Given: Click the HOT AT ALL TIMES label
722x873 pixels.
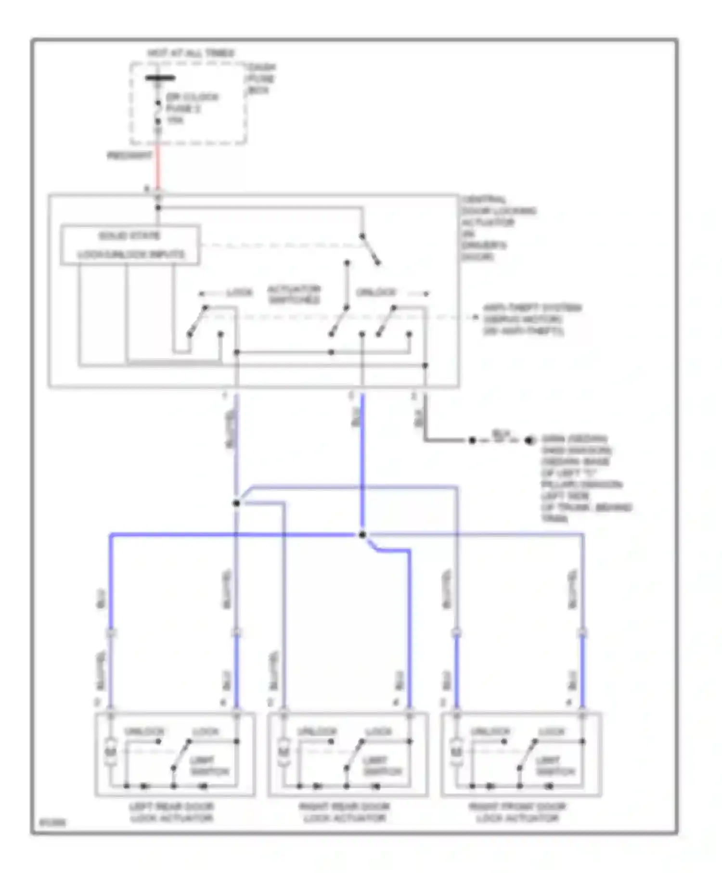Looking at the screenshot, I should (191, 53).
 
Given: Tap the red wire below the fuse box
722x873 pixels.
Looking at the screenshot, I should (157, 168).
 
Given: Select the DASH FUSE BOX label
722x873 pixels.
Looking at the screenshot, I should (261, 79).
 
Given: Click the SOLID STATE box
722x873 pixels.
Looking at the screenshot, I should (130, 244).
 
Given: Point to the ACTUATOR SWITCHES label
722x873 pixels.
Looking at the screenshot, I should (294, 295).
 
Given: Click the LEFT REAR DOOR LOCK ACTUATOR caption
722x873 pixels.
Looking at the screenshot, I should (172, 812).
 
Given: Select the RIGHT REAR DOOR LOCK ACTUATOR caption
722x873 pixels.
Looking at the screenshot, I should (345, 812).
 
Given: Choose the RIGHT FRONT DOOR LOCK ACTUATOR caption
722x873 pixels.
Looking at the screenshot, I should (517, 812).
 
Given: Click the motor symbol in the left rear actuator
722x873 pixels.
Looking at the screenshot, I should (111, 750).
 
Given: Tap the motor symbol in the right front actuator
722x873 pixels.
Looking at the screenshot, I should (456, 750).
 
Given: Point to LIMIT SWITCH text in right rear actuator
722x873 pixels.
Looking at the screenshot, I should (382, 766).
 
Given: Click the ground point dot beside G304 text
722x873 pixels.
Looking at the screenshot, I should (529, 440).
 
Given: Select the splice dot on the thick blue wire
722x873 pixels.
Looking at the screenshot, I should (362, 535).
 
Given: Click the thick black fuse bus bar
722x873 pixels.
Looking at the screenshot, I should (160, 78).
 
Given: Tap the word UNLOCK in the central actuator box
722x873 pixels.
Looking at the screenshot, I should (376, 293).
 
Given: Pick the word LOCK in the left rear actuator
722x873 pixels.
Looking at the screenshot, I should (206, 732).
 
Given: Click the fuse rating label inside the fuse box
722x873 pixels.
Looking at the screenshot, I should (175, 120).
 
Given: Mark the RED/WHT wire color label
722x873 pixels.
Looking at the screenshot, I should (129, 155).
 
